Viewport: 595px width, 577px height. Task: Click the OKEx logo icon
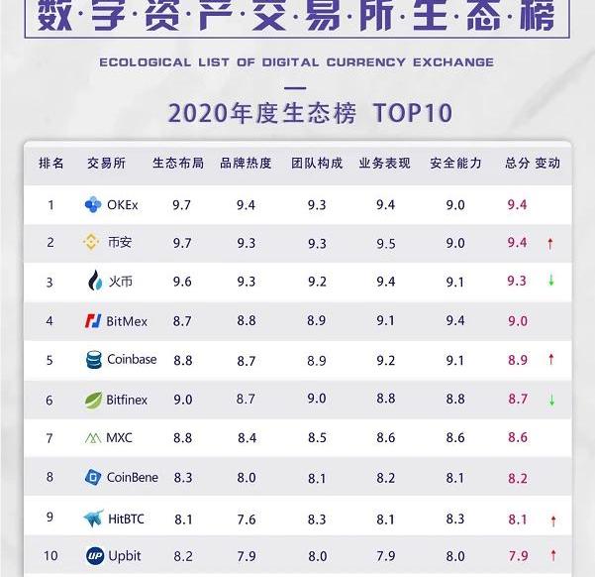click(x=93, y=205)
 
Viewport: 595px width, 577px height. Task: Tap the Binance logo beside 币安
click(x=91, y=243)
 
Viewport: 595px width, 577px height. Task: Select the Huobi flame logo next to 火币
click(x=94, y=282)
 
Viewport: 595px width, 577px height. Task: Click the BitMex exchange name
click(x=127, y=321)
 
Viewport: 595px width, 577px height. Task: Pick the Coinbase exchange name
click(x=132, y=360)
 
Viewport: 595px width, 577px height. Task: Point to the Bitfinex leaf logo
click(x=93, y=400)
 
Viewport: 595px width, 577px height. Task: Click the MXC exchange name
click(x=119, y=438)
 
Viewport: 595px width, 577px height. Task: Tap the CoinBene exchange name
click(x=133, y=477)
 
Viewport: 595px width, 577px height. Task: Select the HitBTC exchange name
click(x=124, y=518)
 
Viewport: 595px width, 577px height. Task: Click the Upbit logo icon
click(x=94, y=555)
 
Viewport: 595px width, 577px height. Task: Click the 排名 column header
click(x=50, y=163)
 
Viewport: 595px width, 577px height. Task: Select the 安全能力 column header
click(x=455, y=163)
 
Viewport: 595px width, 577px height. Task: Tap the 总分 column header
click(x=517, y=163)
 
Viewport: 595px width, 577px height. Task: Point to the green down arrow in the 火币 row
click(x=550, y=282)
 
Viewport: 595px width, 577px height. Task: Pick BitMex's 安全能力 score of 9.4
click(x=455, y=321)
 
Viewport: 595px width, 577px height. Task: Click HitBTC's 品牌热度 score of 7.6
click(x=246, y=518)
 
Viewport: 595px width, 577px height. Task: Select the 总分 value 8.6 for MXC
click(x=517, y=438)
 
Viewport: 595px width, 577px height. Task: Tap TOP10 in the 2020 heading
click(x=413, y=113)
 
